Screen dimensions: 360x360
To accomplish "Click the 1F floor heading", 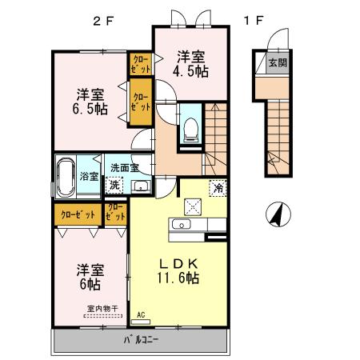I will pos(254,21).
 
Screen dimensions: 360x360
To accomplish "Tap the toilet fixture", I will pos(190,129).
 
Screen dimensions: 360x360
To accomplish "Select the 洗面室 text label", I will pos(126,168).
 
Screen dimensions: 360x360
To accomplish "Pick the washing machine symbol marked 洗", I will pos(114,186).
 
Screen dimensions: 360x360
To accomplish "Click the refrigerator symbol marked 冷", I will pos(218,188).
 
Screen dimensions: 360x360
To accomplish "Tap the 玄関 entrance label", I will pos(276,63).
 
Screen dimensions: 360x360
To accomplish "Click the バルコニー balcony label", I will pos(141,340).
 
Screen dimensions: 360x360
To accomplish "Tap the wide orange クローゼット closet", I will pos(76,214).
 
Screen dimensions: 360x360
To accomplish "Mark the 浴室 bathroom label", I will pos(89,177).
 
